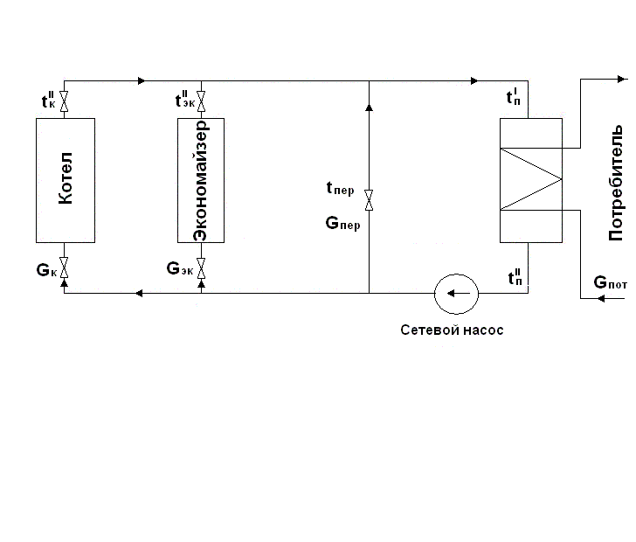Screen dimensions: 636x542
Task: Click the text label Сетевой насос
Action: click(x=452, y=330)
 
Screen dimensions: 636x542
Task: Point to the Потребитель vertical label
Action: click(x=615, y=183)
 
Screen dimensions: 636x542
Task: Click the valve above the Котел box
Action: click(x=64, y=101)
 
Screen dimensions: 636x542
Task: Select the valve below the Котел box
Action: click(x=64, y=268)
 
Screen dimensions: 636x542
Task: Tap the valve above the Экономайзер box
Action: click(x=201, y=101)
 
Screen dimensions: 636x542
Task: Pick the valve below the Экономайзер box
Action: click(x=201, y=268)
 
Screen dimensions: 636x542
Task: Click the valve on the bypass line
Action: click(x=369, y=200)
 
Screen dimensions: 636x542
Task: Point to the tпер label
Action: click(x=341, y=188)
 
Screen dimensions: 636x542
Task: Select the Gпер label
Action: click(x=342, y=224)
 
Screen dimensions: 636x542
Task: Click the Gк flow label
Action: click(x=46, y=270)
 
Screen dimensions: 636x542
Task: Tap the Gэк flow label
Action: click(x=180, y=268)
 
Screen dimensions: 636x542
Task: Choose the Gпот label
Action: click(x=610, y=282)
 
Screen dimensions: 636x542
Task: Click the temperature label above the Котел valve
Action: click(x=48, y=100)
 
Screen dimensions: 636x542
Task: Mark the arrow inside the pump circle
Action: click(x=458, y=293)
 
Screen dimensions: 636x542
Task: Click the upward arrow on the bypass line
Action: click(x=369, y=108)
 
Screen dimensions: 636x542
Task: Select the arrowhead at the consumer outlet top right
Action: click(x=621, y=79)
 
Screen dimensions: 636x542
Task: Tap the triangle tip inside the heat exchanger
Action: click(x=562, y=179)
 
